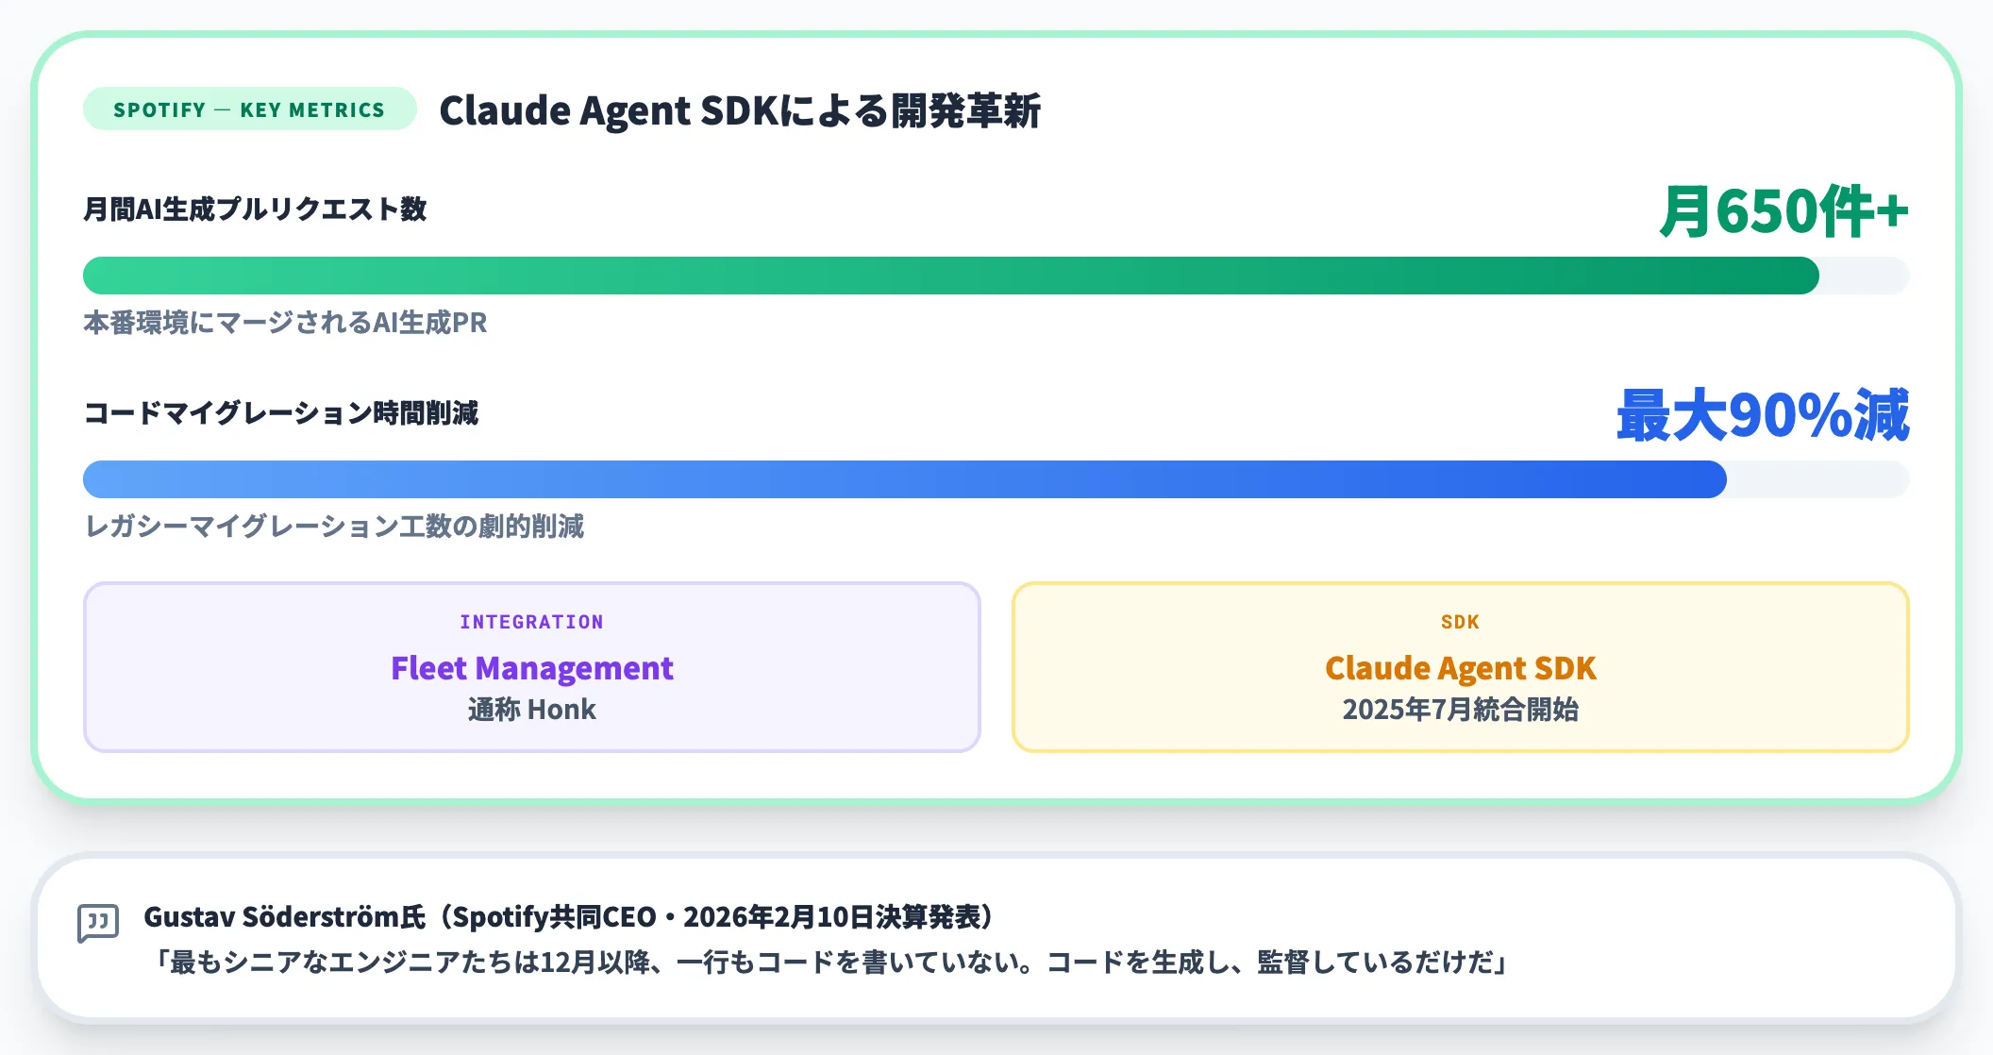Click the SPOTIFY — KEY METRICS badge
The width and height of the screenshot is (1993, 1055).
click(249, 109)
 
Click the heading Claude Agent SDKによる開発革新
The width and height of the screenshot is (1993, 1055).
click(740, 110)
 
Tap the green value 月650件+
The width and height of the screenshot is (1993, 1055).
click(1784, 210)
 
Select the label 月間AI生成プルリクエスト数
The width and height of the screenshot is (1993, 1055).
click(255, 209)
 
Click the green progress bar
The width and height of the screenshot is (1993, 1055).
click(951, 276)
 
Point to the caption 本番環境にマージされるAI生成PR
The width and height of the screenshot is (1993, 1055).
click(285, 323)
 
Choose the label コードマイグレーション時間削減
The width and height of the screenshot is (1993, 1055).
click(281, 412)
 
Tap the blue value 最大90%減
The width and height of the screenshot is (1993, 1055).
click(1763, 414)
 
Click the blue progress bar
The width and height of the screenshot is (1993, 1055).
click(905, 479)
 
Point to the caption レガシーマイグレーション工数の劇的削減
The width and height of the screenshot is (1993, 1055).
click(334, 526)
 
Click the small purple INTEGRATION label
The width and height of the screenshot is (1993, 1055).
click(531, 622)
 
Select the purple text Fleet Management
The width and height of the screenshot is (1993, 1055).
click(531, 668)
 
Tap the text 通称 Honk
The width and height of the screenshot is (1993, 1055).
click(531, 710)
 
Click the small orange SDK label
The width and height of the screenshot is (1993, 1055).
click(1460, 622)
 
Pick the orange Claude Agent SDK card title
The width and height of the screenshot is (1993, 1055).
click(1460, 668)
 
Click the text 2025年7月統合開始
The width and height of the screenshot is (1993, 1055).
click(1460, 710)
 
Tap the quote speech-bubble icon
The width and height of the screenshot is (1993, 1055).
click(98, 923)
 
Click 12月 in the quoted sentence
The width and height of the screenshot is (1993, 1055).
click(556, 963)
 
